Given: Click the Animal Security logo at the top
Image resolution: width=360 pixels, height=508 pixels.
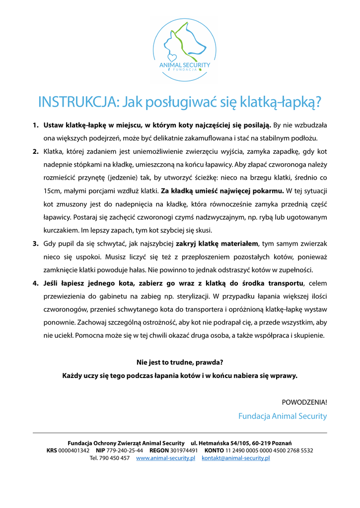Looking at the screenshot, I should pyautogui.click(x=184, y=48).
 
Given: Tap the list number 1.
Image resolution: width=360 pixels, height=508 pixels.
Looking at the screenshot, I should pyautogui.click(x=36, y=125).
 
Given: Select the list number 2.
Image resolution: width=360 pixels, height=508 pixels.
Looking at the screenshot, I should pyautogui.click(x=36, y=151).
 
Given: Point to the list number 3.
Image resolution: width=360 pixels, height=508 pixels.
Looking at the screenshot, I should pyautogui.click(x=36, y=244).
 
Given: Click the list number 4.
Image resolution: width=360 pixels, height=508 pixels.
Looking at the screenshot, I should pyautogui.click(x=36, y=283).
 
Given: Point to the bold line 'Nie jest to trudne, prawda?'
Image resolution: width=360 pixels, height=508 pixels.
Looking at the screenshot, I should pyautogui.click(x=180, y=362).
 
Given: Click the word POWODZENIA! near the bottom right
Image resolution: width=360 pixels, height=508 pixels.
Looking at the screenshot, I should pyautogui.click(x=304, y=401).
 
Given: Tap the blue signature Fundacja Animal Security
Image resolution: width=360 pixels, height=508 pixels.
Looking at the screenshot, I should pyautogui.click(x=283, y=416).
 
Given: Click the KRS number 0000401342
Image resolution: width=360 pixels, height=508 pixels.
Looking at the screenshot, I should pyautogui.click(x=74, y=450).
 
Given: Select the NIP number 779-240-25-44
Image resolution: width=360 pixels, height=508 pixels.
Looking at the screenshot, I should pyautogui.click(x=125, y=450).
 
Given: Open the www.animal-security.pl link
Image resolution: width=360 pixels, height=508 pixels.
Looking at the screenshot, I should pyautogui.click(x=165, y=458).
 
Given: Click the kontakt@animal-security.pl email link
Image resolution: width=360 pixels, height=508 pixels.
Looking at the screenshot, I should pyautogui.click(x=235, y=458).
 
